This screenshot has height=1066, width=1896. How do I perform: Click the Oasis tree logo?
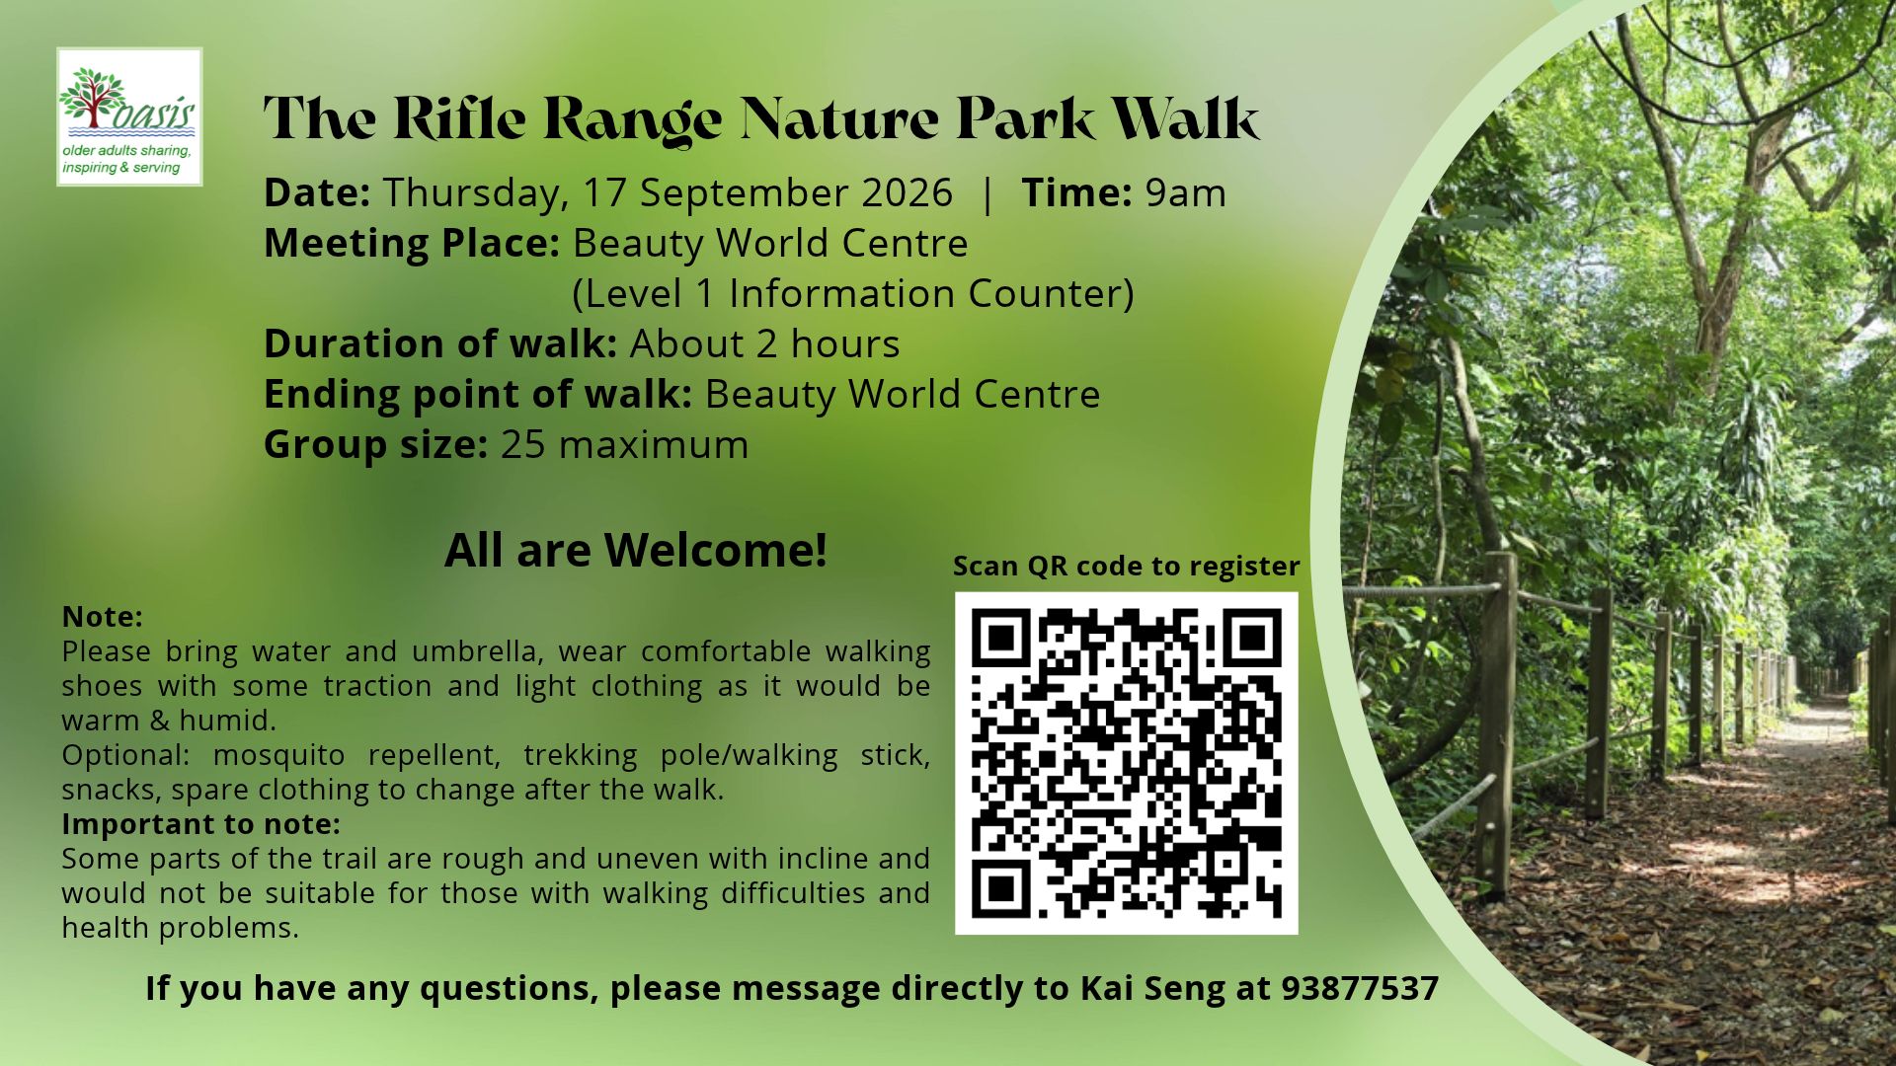[129, 116]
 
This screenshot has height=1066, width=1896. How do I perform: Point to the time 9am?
[1185, 193]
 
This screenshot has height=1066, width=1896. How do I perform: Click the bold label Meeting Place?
[412, 244]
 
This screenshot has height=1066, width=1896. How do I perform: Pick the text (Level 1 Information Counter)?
[853, 294]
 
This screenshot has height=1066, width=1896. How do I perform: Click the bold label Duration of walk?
[440, 344]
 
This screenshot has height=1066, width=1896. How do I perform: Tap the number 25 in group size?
[522, 445]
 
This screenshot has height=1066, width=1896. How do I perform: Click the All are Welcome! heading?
[636, 550]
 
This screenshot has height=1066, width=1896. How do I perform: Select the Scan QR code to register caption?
[1126, 566]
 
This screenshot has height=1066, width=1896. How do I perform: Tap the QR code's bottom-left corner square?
[1001, 887]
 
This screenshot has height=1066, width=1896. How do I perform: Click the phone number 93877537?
[1360, 988]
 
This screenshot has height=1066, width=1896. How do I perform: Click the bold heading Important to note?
[201, 823]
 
